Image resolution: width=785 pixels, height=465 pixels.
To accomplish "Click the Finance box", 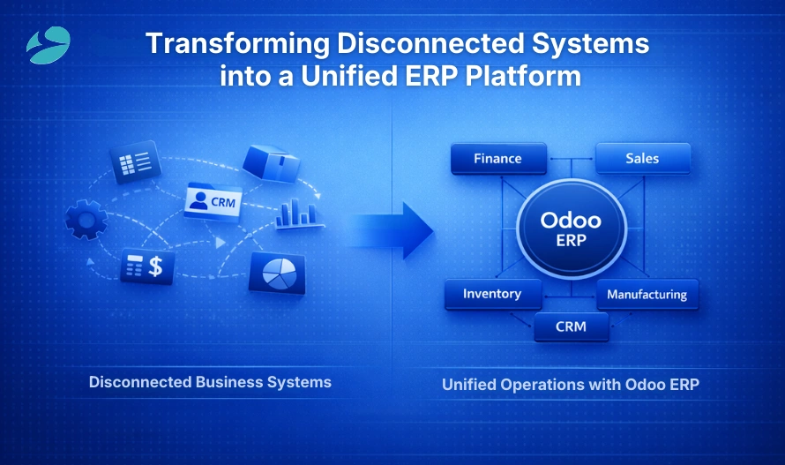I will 497,159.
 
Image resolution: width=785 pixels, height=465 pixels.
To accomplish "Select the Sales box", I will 642,159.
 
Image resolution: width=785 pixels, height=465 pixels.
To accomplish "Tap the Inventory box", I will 491,294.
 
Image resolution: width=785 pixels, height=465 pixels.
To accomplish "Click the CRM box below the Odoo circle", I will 571,327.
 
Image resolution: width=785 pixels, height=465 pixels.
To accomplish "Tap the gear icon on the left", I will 86,220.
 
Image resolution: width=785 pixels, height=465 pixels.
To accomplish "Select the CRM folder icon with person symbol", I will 212,200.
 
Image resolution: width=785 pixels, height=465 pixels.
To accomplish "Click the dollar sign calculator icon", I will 146,266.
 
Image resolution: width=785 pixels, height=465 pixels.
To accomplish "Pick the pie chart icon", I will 277,274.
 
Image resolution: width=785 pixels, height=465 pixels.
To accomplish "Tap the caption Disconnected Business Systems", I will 210,382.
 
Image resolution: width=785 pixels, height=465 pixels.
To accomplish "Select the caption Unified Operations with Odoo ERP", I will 570,385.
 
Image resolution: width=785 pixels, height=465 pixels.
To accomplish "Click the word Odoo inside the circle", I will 571,220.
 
